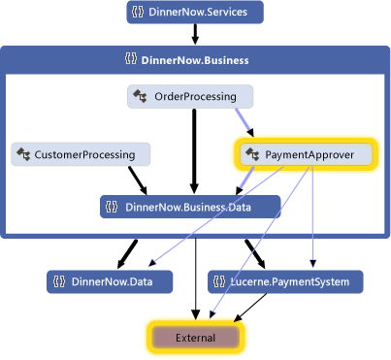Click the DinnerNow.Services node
(x=194, y=13)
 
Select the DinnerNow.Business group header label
(x=194, y=59)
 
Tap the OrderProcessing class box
(x=190, y=96)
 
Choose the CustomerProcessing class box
(x=81, y=153)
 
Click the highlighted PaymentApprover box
(x=304, y=153)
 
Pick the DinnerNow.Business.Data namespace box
(x=190, y=206)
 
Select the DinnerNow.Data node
(x=109, y=281)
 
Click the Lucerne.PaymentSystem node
(x=286, y=281)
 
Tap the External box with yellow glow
(x=195, y=337)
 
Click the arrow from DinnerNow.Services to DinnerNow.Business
(x=194, y=34)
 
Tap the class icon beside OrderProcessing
(x=139, y=96)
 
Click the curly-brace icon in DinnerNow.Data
(x=58, y=281)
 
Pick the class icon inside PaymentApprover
(x=252, y=153)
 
